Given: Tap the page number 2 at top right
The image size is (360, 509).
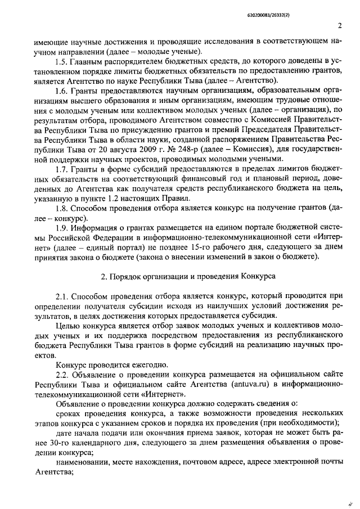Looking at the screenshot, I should coord(340,25).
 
